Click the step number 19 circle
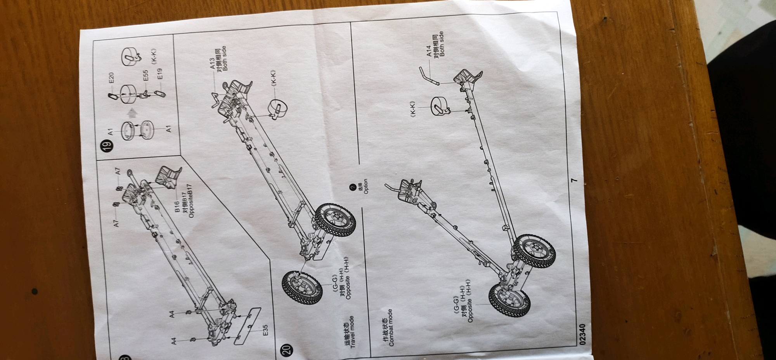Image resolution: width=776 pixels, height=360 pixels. (x=107, y=145)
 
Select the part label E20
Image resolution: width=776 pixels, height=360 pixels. (x=111, y=78)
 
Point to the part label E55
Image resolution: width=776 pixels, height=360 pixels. (x=145, y=76)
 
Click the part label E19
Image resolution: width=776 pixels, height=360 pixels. (x=160, y=74)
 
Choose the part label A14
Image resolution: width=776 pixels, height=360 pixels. (x=429, y=51)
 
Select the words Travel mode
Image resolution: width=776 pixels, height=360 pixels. (x=352, y=332)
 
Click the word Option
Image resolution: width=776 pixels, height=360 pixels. (x=366, y=187)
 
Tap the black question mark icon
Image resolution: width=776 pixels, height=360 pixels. (x=353, y=187)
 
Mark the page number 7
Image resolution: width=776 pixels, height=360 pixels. (x=575, y=180)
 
